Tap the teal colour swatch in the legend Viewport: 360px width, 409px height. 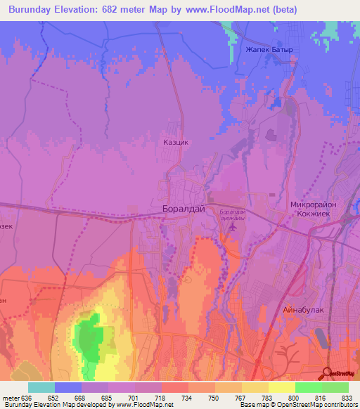41,387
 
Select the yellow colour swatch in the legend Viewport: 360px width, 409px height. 282,387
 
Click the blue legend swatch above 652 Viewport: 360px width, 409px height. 68,387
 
